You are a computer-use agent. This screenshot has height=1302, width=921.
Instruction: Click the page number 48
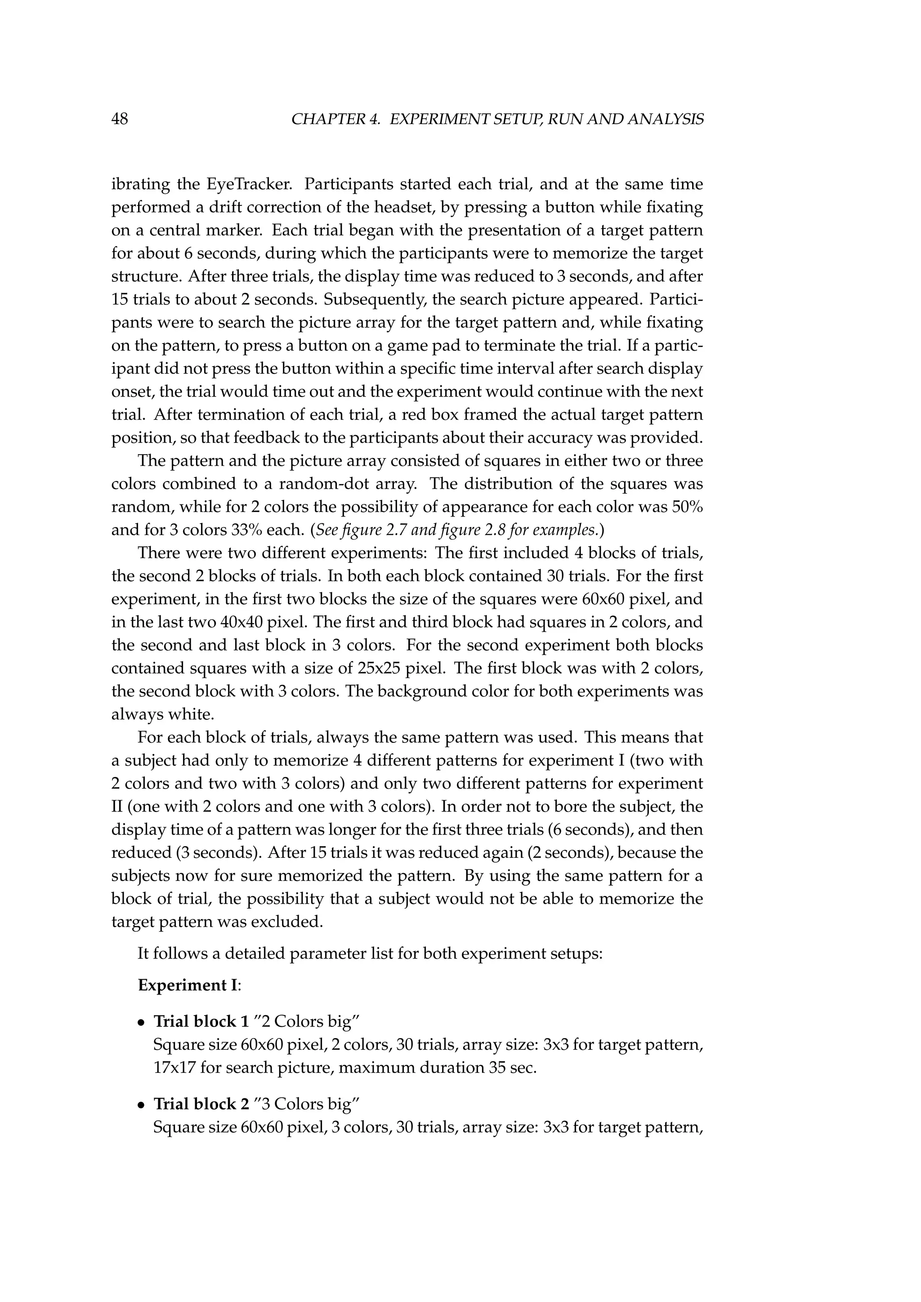pyautogui.click(x=120, y=119)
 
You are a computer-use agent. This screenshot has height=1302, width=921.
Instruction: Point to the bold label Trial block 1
pyautogui.click(x=201, y=1021)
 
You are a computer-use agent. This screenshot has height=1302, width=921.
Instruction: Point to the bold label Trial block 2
pyautogui.click(x=201, y=1104)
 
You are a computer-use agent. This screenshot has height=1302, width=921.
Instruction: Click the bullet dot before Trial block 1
pyautogui.click(x=142, y=1023)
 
